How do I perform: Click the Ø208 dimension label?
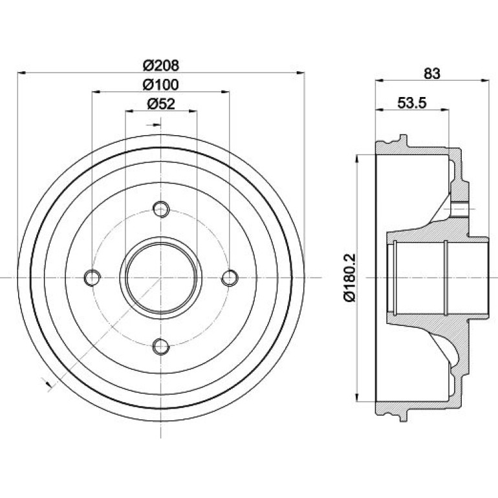[x=161, y=65]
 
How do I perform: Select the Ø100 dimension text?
[x=161, y=85]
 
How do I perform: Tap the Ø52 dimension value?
[x=161, y=103]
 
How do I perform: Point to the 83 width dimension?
[x=432, y=73]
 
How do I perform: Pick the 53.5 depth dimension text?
[x=412, y=103]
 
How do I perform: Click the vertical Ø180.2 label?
[x=350, y=277]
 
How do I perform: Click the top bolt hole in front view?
[x=161, y=209]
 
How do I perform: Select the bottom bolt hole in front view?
[x=161, y=346]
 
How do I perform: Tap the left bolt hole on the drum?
[x=92, y=277]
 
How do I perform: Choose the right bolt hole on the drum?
[x=230, y=277]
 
